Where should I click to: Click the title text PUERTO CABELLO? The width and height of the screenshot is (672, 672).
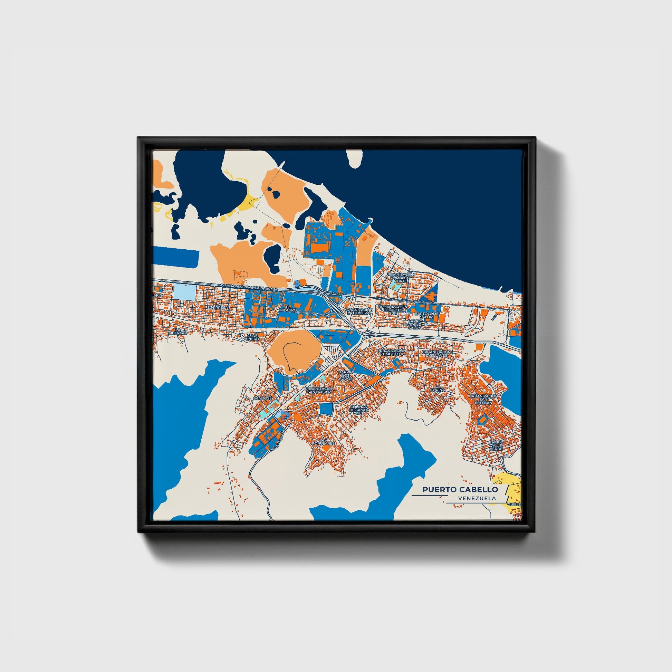460,489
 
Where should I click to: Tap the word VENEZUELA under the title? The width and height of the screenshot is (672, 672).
477,498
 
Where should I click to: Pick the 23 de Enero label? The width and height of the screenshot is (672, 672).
253,337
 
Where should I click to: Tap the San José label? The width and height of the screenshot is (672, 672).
262,398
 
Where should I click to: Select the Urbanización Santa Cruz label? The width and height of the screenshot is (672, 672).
319,390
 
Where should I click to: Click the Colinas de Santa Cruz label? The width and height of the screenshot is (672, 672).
359,410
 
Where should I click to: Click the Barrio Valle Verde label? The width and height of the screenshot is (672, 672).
496,445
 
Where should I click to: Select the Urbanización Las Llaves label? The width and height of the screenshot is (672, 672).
436,353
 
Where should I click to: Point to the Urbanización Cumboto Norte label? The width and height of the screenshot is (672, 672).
400,277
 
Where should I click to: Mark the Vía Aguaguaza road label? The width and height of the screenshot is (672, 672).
278,441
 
